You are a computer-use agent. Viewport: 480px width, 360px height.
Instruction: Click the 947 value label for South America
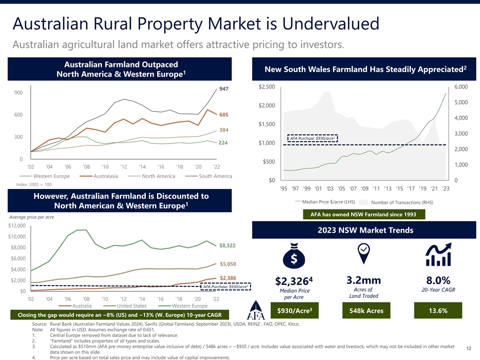pyautogui.click(x=223, y=89)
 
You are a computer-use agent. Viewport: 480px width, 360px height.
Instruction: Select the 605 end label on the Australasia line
pyautogui.click(x=223, y=115)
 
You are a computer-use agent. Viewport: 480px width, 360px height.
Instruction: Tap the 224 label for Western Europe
pyautogui.click(x=223, y=142)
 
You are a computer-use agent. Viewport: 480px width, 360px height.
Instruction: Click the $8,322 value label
pyautogui.click(x=227, y=245)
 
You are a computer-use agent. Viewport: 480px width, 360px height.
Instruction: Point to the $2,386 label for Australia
pyautogui.click(x=227, y=277)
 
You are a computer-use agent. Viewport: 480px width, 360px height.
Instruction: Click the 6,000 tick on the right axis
pyautogui.click(x=460, y=87)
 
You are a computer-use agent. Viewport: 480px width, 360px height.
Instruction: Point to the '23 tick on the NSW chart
pyautogui.click(x=446, y=188)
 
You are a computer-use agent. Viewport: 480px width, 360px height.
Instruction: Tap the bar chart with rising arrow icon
pyautogui.click(x=437, y=255)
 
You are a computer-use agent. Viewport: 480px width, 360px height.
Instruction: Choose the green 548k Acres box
pyautogui.click(x=363, y=311)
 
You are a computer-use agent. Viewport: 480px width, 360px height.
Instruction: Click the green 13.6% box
pyautogui.click(x=437, y=311)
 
